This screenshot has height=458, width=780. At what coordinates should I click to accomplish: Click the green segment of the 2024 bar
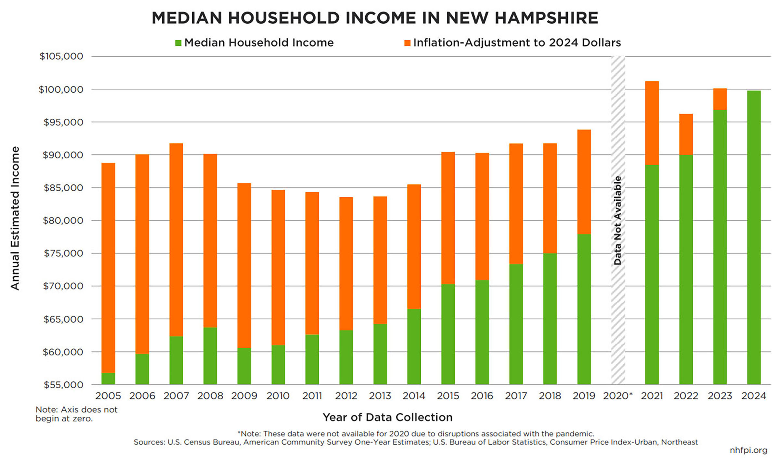point(754,237)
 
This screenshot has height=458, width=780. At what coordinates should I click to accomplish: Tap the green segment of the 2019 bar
point(584,309)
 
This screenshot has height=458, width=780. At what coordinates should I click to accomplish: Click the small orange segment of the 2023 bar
point(720,99)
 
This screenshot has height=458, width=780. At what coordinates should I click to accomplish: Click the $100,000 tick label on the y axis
point(61,89)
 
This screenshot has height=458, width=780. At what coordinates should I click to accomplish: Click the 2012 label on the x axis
point(346,396)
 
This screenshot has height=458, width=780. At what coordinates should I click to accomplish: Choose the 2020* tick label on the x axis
point(617,396)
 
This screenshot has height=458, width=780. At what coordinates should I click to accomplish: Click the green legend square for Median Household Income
point(178,43)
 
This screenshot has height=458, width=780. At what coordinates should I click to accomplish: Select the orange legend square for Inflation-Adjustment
point(407,43)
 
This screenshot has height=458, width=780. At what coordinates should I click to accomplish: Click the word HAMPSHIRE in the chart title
point(546,18)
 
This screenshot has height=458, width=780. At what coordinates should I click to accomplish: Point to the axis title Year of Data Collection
point(387,417)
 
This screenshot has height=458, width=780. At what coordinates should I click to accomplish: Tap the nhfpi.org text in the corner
point(748,450)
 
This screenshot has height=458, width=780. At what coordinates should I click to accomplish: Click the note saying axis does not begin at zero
point(76,414)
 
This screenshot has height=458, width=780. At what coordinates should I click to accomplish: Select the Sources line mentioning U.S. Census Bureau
point(415,442)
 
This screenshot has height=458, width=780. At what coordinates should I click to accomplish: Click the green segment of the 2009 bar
point(244,366)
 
